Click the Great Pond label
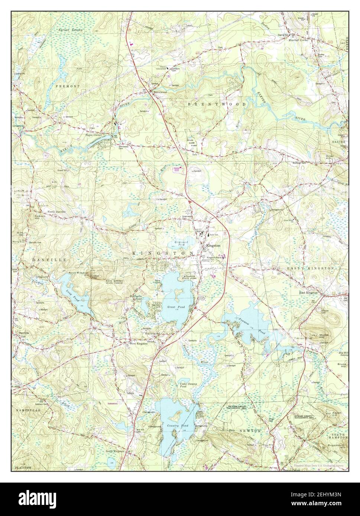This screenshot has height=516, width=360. tap(173, 307)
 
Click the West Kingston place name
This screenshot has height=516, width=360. tap(138, 343)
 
